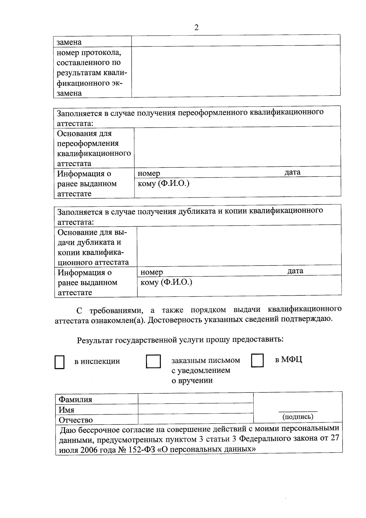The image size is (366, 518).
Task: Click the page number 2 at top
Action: pyautogui.click(x=196, y=27)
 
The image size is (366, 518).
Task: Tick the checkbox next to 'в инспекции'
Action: pyautogui.click(x=59, y=362)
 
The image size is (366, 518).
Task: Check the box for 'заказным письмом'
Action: pyautogui.click(x=153, y=361)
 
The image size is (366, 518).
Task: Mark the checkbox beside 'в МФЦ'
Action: pyautogui.click(x=257, y=360)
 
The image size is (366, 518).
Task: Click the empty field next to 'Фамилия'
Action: pyautogui.click(x=196, y=399)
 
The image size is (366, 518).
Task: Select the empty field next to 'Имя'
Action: pyautogui.click(x=196, y=409)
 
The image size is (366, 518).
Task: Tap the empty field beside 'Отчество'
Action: pyautogui.click(x=196, y=419)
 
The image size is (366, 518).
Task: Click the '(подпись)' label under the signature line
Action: pyautogui.click(x=298, y=416)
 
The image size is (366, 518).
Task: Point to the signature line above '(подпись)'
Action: pyautogui.click(x=298, y=411)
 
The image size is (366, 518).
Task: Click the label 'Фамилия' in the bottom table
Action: pyautogui.click(x=75, y=399)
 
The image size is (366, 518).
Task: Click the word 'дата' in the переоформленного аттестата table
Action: pyautogui.click(x=292, y=172)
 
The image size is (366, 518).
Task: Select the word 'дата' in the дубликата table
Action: pyautogui.click(x=295, y=271)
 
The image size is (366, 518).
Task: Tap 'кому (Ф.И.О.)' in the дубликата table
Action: pyautogui.click(x=166, y=282)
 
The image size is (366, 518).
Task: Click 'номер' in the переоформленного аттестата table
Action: pyautogui.click(x=149, y=173)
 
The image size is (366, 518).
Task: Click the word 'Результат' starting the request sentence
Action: pyautogui.click(x=95, y=340)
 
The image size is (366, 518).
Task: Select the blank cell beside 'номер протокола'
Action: pyautogui.click(x=236, y=71)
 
